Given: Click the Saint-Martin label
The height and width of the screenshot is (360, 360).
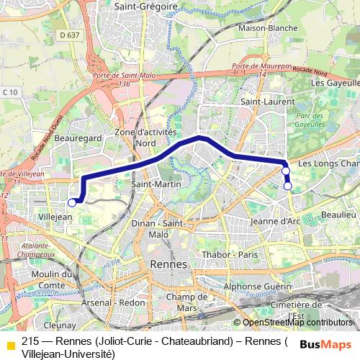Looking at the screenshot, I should (x=150, y=184).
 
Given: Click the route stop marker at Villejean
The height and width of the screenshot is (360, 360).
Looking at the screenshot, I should (x=71, y=203).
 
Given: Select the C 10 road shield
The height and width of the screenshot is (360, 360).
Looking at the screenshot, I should (x=9, y=91).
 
